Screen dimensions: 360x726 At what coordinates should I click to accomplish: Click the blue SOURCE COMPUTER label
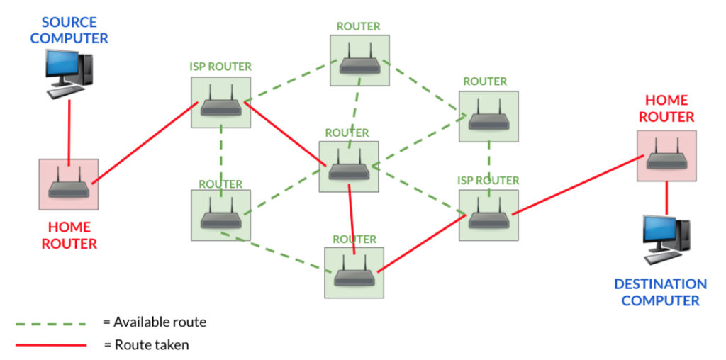click(69, 30)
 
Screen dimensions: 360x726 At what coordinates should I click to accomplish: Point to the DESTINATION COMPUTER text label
click(660, 292)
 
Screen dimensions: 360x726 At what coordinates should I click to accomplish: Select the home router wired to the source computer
click(69, 184)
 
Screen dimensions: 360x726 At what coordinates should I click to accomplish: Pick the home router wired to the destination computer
click(666, 156)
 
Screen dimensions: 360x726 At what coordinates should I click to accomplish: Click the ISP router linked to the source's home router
click(220, 103)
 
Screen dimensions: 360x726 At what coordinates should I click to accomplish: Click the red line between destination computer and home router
click(666, 198)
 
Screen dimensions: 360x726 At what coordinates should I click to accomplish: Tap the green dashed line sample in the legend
click(50, 324)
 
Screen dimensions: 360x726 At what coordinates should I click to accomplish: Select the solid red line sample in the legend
click(50, 345)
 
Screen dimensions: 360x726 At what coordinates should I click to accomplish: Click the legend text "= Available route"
click(155, 322)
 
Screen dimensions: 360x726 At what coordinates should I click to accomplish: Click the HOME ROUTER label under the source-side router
click(69, 235)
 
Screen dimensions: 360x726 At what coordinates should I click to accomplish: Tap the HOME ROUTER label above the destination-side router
click(666, 109)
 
